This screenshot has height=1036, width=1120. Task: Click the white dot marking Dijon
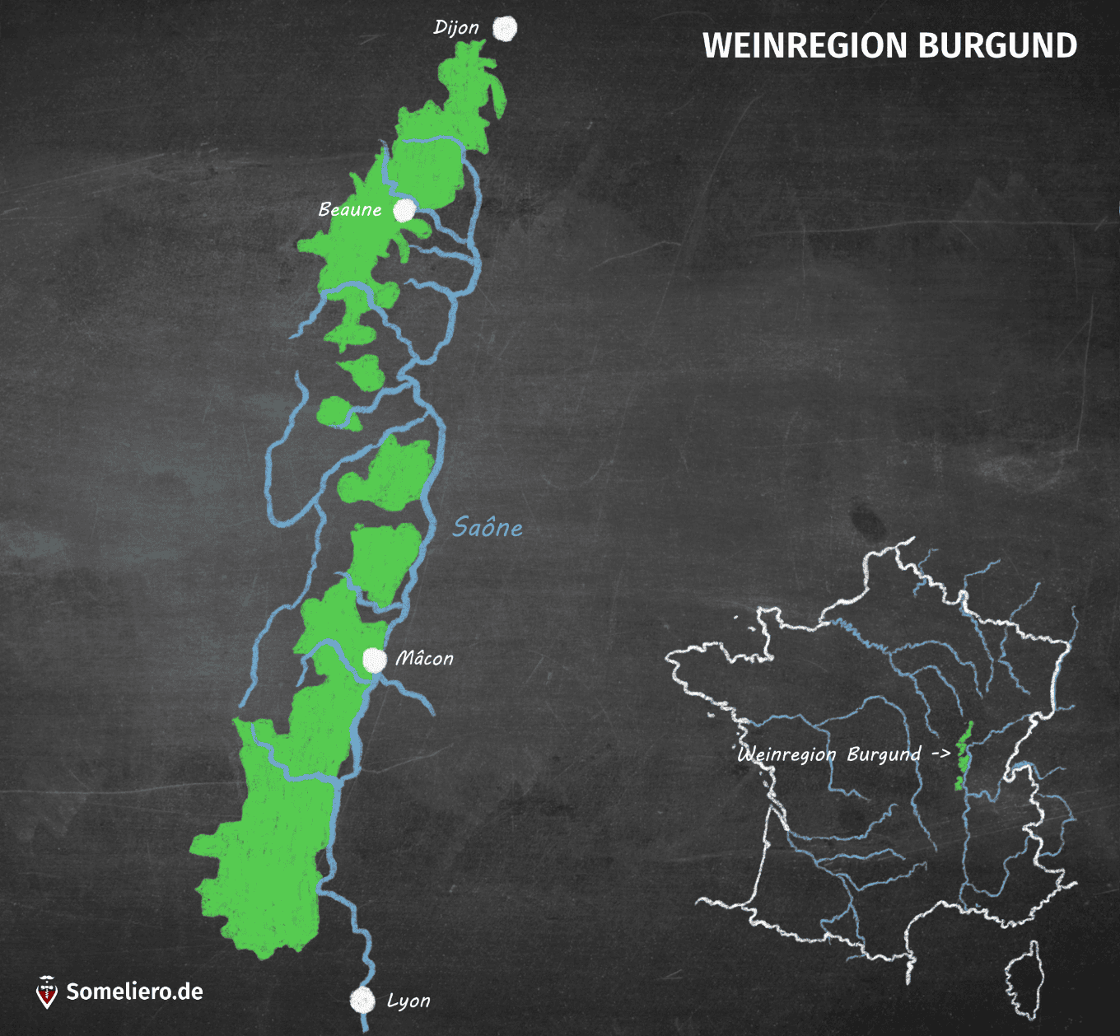505,29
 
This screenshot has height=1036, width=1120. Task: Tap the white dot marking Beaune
404,211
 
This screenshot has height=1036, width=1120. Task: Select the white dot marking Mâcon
375,660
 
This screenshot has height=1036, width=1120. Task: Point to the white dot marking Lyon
362,1000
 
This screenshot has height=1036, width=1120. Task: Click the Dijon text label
456,28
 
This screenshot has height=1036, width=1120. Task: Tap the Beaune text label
350,210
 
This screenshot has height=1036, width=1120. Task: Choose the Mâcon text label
424,659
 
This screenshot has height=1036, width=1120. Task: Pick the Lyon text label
408,1001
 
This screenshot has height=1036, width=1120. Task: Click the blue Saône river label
488,528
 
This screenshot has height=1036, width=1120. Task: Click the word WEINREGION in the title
805,46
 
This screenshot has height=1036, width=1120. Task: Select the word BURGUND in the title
997,46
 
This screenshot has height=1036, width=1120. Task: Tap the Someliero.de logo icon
48,992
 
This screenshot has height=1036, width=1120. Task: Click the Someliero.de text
134,992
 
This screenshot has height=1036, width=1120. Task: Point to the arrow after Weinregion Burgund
940,754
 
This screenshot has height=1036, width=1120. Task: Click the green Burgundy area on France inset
963,756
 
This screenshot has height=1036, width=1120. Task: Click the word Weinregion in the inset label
786,754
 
